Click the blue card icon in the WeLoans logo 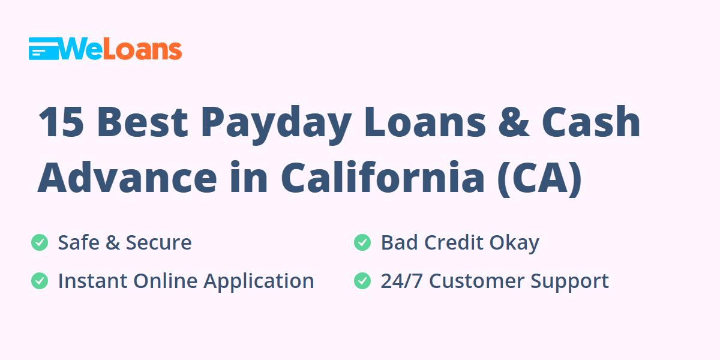click(x=44, y=49)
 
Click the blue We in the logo click(x=80, y=49)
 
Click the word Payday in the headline click(x=276, y=124)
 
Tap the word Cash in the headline click(x=591, y=121)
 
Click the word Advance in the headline click(x=127, y=178)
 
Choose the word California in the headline click(x=383, y=176)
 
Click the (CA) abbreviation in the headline click(x=539, y=178)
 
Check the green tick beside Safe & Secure click(x=40, y=242)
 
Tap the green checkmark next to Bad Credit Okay click(x=362, y=242)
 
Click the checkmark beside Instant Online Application click(x=40, y=281)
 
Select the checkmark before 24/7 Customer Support click(x=362, y=281)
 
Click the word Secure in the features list click(x=158, y=242)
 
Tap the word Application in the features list click(x=259, y=281)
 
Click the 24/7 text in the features click(x=401, y=281)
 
